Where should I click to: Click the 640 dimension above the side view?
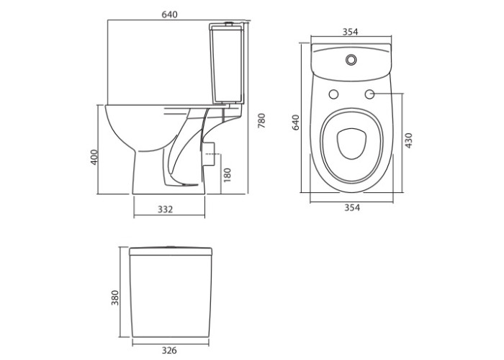pyautogui.click(x=169, y=14)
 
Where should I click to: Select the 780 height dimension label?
pyautogui.click(x=262, y=121)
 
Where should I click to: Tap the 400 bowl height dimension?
pyautogui.click(x=94, y=158)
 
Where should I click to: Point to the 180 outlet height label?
pyautogui.click(x=228, y=175)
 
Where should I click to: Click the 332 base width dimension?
pyautogui.click(x=165, y=210)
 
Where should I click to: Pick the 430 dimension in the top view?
pyautogui.click(x=408, y=140)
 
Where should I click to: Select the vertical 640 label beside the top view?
pyautogui.click(x=296, y=122)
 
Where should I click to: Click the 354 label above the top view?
pyautogui.click(x=350, y=32)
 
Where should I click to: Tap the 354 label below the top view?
pyautogui.click(x=352, y=207)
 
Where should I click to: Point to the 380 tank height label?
pyautogui.click(x=114, y=297)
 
